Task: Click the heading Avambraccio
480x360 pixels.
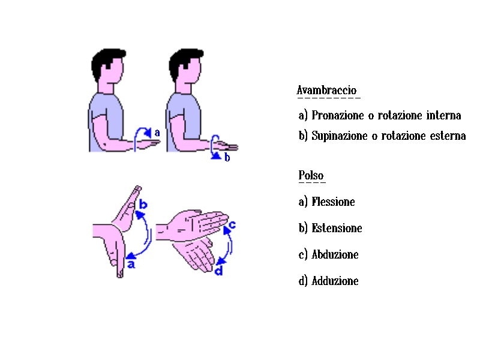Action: tap(326, 91)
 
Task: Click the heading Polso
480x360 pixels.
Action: tap(311, 175)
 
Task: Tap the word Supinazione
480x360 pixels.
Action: tap(340, 136)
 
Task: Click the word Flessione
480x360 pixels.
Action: tap(333, 202)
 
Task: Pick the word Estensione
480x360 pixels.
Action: tap(337, 228)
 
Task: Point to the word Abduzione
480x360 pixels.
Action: tap(335, 254)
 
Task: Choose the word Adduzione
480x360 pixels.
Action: tap(335, 281)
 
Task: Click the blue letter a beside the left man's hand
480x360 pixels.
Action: tap(157, 133)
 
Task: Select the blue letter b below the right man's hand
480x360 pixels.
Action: tap(227, 157)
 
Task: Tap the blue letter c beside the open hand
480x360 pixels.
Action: tap(232, 224)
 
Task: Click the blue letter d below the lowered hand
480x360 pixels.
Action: tap(218, 271)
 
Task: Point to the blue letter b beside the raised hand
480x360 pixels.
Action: tap(143, 204)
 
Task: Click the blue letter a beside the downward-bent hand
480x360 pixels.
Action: tap(131, 264)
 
